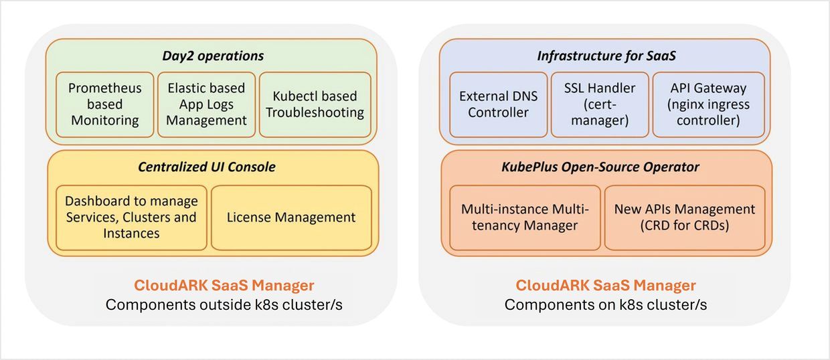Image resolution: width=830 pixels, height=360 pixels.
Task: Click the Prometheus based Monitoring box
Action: pos(105,104)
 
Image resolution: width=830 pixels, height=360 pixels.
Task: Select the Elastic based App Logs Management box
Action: pos(207,104)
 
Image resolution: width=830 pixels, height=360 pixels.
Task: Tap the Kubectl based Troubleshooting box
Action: pos(315,104)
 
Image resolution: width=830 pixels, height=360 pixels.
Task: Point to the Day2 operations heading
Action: pos(213,56)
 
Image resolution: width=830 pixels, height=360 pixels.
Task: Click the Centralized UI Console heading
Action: pos(206,167)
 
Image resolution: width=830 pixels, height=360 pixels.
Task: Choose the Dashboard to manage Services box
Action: pos(131,217)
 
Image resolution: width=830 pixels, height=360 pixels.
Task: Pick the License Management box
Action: pos(291,217)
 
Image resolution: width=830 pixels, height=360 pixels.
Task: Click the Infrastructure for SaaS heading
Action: pos(606,56)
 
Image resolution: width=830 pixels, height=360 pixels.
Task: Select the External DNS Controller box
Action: pos(498,104)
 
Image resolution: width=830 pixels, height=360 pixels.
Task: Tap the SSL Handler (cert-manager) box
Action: pos(600,104)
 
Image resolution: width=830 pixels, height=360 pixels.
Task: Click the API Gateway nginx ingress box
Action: pos(708,104)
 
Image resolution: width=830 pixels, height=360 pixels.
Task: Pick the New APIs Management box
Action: pos(684,217)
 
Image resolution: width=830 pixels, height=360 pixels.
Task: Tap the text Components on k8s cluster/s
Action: pos(605,305)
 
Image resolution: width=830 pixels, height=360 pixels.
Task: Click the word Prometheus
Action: pos(105,88)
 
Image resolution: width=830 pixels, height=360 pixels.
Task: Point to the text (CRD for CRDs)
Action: pos(684,226)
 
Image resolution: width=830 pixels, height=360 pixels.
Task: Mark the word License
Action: pos(251,217)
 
